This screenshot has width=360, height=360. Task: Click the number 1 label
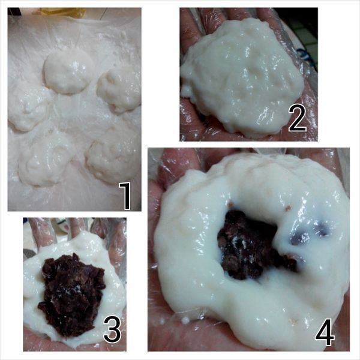[125, 196]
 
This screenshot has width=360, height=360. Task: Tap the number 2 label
[298, 118]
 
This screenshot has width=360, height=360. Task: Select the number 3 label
[112, 329]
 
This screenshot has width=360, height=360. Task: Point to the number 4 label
[325, 332]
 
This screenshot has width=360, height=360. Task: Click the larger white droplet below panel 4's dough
[185, 320]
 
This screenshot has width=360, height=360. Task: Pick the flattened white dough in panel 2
[244, 78]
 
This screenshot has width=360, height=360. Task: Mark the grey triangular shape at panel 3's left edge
[29, 254]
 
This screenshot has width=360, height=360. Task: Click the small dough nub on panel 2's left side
[185, 91]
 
